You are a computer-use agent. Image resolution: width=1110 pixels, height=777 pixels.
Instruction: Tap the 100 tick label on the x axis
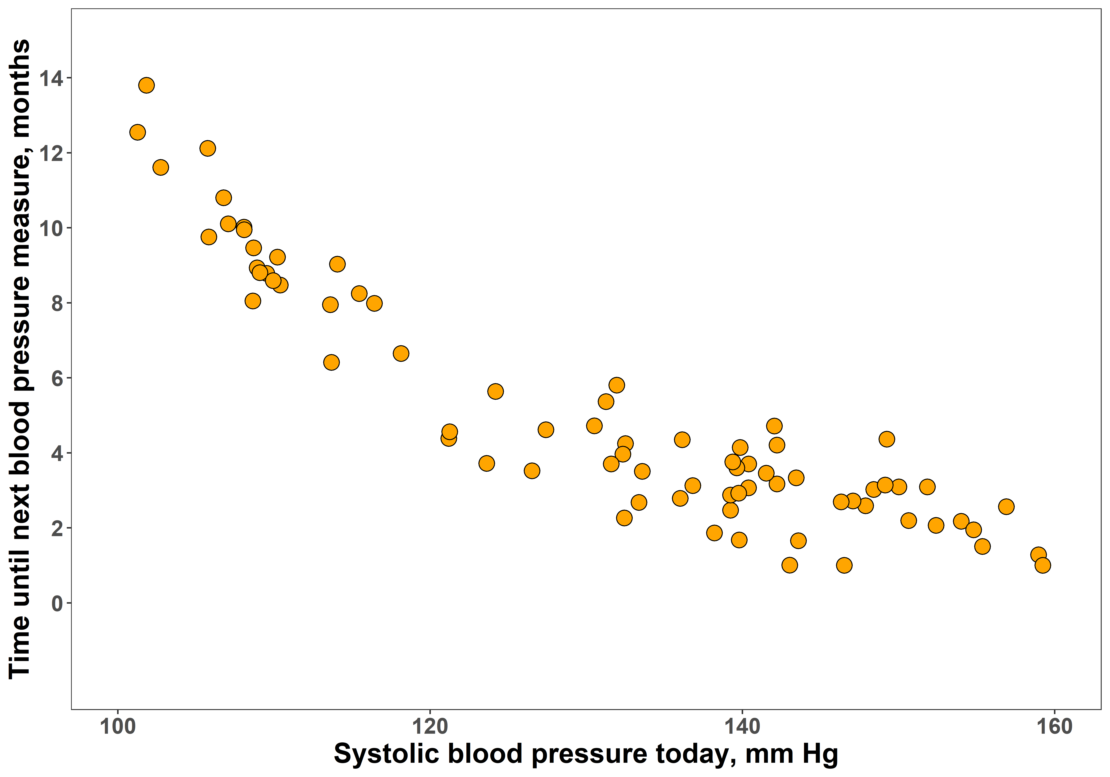pos(117,727)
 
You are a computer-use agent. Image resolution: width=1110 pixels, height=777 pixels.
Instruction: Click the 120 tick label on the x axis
pos(430,727)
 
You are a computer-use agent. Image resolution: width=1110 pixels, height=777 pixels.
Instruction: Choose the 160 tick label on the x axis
pos(1054,727)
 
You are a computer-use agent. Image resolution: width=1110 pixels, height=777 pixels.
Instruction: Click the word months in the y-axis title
pos(20,90)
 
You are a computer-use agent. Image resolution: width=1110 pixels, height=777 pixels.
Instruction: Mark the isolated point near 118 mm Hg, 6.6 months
pos(401,354)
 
